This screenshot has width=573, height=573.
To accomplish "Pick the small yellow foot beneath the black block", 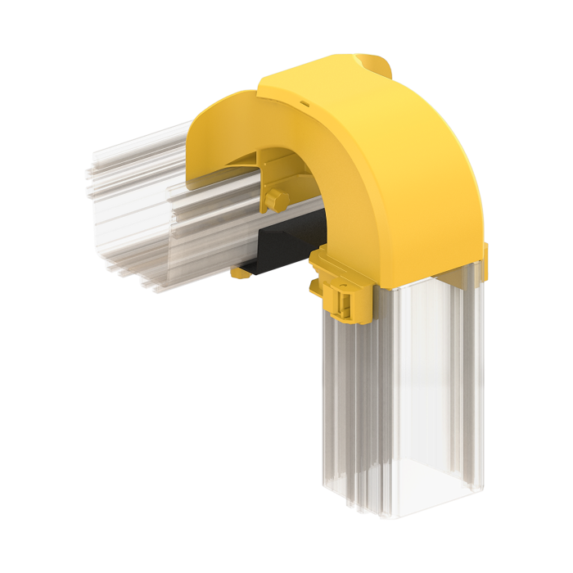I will pos(241,273).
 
